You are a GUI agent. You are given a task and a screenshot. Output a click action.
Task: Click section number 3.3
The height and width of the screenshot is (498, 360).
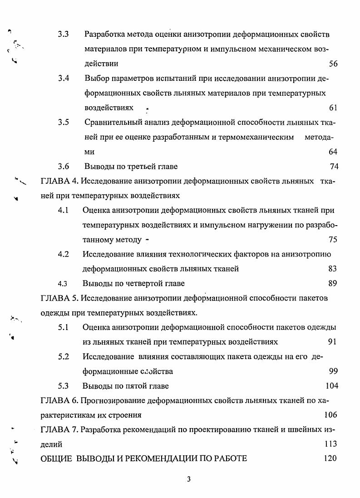coord(63,35)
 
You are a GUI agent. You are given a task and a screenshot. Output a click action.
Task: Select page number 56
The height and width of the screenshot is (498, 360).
coord(333,64)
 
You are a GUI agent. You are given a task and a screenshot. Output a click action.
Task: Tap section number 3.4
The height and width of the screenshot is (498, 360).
coord(63,79)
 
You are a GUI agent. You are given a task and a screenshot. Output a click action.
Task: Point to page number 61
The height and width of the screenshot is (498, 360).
coord(333,108)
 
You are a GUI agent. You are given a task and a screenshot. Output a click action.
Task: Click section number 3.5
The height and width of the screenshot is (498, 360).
coord(63,123)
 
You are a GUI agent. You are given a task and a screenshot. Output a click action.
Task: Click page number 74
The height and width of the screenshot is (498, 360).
coord(334,166)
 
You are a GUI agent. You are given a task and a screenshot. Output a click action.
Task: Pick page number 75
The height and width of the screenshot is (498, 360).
coord(333,240)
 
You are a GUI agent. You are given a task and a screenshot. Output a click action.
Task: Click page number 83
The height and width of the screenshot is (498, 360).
coord(332,269)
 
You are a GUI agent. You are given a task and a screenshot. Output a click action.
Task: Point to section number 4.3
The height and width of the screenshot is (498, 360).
coord(63,284)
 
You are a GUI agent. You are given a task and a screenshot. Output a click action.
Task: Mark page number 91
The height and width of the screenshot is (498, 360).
coord(332,342)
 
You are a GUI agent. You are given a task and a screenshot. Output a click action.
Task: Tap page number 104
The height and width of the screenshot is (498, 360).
coord(332,386)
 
